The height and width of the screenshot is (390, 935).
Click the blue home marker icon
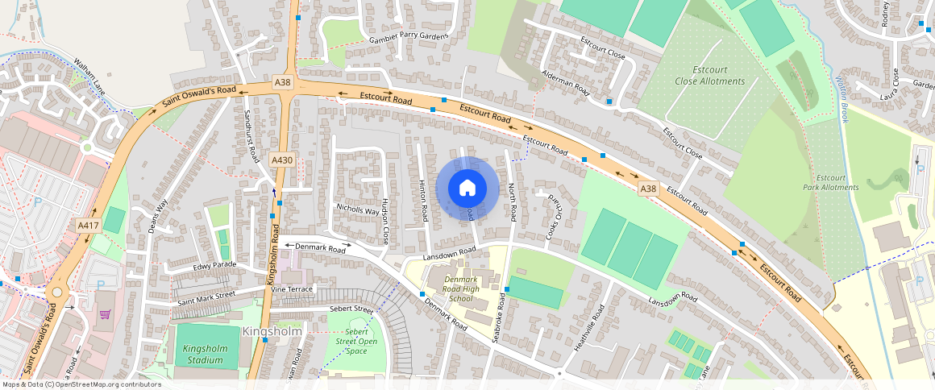467,189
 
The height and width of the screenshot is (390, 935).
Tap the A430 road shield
281,160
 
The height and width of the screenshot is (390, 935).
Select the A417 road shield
87,226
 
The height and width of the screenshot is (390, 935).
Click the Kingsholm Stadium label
202,354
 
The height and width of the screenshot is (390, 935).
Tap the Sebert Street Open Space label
356,342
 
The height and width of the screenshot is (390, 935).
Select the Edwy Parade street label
214,266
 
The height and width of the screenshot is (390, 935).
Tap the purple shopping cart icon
104,314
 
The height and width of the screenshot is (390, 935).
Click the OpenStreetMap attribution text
81,384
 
